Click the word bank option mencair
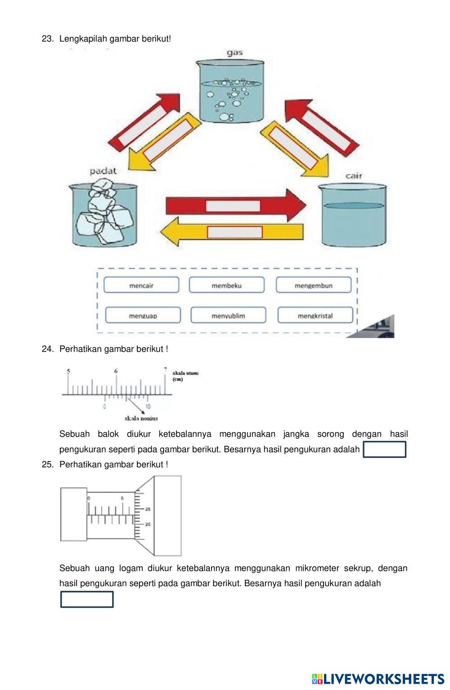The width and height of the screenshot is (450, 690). [141, 285]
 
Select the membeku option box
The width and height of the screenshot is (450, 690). [226, 285]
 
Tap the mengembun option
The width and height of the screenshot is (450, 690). [313, 285]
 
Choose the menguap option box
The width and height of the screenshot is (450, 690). [143, 315]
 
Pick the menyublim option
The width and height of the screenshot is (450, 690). [228, 315]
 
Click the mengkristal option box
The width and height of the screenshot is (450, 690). [315, 315]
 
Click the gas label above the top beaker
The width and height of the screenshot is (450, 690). [234, 53]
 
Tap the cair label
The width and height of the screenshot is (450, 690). [354, 175]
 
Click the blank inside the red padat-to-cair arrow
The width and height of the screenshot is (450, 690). [233, 206]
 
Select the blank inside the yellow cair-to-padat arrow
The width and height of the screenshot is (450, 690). [234, 232]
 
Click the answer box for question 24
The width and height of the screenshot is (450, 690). [384, 449]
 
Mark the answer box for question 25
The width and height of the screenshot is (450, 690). [87, 599]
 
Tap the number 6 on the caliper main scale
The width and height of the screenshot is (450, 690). [116, 371]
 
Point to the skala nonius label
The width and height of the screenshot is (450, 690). [141, 418]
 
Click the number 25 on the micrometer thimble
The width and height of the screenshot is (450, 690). [148, 509]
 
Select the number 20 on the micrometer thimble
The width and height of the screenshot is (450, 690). [148, 524]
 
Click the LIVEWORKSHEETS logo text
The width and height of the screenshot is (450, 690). [383, 679]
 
